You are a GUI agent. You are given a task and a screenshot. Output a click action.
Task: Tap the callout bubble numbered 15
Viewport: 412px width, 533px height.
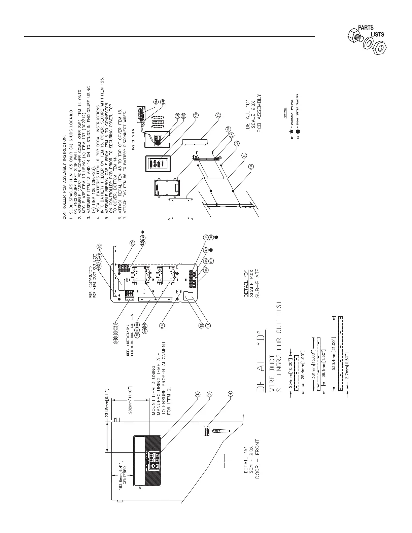[x=218, y=115]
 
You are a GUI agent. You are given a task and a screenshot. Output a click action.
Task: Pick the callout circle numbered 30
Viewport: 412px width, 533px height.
[x=100, y=247]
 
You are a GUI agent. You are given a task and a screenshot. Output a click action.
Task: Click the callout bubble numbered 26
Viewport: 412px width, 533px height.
[x=133, y=243]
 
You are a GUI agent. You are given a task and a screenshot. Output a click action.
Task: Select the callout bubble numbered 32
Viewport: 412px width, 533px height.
[x=202, y=325]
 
